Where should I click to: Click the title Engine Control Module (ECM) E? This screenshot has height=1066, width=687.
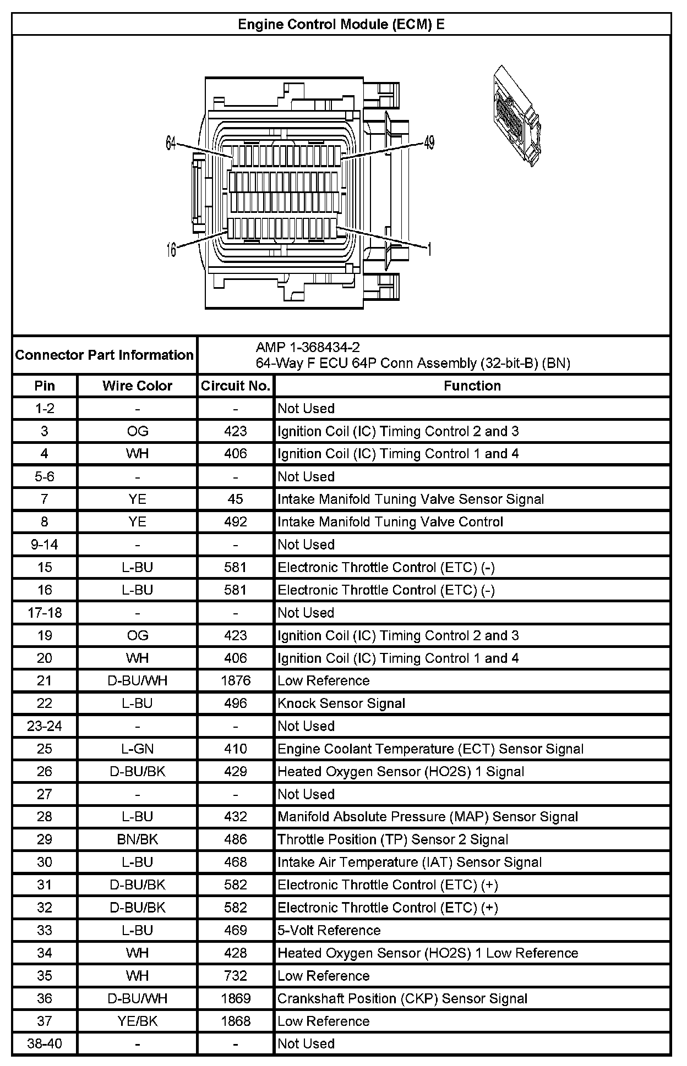point(341,25)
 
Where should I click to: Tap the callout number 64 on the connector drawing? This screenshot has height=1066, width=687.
point(171,144)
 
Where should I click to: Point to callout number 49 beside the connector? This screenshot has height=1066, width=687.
point(429,143)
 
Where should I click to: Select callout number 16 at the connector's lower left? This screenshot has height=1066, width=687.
point(171,250)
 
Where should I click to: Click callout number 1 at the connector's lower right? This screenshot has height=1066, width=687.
point(429,250)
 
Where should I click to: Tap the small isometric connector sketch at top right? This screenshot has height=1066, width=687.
point(515,116)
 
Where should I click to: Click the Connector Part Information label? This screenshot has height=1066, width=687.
point(104,355)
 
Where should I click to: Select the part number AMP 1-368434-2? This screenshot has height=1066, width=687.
point(308,347)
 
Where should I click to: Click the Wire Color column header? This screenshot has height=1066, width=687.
point(137,386)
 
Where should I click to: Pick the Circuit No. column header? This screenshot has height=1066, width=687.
point(235,386)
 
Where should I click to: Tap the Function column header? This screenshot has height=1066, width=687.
point(472,386)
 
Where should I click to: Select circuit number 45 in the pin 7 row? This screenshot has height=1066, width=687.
point(235,499)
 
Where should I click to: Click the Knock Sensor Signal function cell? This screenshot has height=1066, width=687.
point(341,703)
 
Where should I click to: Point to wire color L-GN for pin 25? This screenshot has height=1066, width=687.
point(137,749)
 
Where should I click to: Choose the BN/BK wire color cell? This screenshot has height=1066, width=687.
point(137,839)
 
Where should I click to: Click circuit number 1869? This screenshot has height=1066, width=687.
point(235,998)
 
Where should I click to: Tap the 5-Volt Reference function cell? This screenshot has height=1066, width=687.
point(329,930)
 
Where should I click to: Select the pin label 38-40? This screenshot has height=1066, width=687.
point(45,1043)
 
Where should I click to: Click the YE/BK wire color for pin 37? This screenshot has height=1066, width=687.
point(137,1021)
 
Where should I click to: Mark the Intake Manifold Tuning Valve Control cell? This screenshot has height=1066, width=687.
point(390,521)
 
